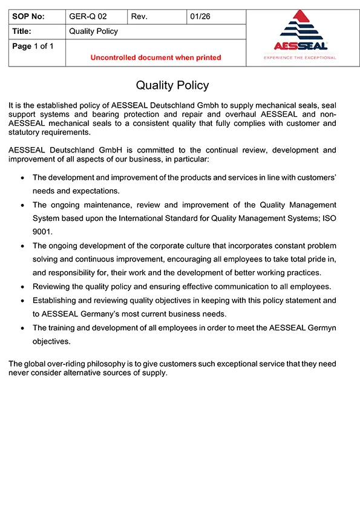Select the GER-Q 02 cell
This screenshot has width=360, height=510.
pyautogui.click(x=88, y=17)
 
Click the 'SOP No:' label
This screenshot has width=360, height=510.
pyautogui.click(x=28, y=17)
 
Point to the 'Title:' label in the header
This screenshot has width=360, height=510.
pyautogui.click(x=22, y=31)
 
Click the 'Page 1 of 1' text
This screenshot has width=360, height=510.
pyautogui.click(x=33, y=46)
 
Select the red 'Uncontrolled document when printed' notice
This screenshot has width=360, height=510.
pyautogui.click(x=155, y=57)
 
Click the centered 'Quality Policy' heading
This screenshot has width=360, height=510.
pyautogui.click(x=172, y=85)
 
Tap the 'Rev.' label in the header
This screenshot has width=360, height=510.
pyautogui.click(x=139, y=17)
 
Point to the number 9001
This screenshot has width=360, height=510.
pyautogui.click(x=43, y=231)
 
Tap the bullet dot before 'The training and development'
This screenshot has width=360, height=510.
pyautogui.click(x=22, y=328)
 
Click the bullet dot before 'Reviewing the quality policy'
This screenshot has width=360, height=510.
pyautogui.click(x=22, y=287)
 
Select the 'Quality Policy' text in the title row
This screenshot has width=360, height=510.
pyautogui.click(x=94, y=31)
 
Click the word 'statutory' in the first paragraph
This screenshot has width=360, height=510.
pyautogui.click(x=26, y=132)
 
